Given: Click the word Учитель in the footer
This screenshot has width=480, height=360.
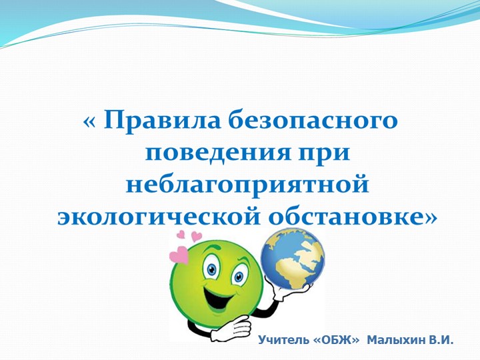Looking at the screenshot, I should (283, 341).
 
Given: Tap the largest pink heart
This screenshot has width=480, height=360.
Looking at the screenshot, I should (179, 255).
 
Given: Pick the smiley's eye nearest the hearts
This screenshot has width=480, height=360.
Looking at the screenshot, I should (212, 269).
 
